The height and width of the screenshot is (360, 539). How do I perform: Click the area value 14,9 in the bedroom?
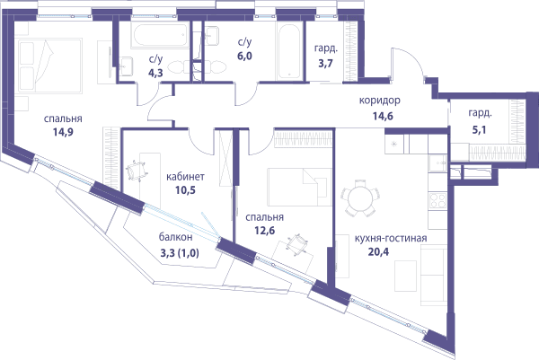[x=63, y=132]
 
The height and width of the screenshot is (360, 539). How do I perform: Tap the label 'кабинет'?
[x=185, y=177]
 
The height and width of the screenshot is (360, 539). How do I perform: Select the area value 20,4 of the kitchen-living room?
[x=378, y=251]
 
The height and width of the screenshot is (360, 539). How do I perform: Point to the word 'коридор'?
[x=379, y=101]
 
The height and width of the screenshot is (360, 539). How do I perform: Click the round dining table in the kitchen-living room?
[x=360, y=198]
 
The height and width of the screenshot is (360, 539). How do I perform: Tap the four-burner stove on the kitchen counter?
[x=437, y=200]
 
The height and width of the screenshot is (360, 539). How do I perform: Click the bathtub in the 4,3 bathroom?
[x=159, y=35]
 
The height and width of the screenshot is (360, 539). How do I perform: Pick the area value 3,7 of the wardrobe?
[x=325, y=63]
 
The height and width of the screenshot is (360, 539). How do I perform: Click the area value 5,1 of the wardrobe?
[x=479, y=129]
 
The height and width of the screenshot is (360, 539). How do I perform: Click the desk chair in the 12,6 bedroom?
[x=296, y=244]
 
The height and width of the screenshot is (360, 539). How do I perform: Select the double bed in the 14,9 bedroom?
[x=50, y=66]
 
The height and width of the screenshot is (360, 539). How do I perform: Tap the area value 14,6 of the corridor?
[x=383, y=116]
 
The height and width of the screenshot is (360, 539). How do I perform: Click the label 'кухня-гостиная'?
[x=391, y=239]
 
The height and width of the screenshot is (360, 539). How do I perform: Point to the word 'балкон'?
[x=176, y=237]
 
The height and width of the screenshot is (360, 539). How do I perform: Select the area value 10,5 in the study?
[x=185, y=190]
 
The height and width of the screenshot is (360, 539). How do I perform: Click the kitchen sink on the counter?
[x=437, y=162]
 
